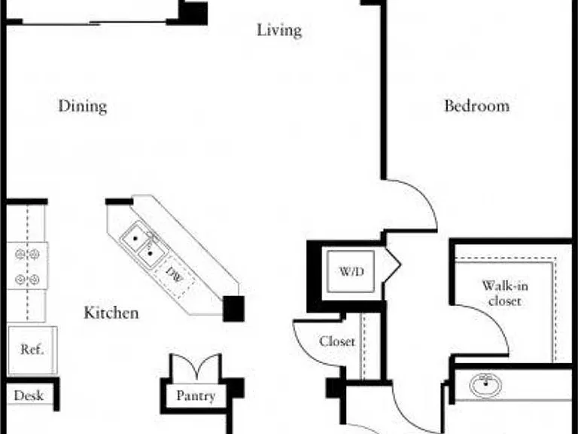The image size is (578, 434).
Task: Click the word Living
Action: click(279, 30)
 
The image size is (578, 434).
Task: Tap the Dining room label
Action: click(83, 106)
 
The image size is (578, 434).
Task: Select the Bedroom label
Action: click(476, 106)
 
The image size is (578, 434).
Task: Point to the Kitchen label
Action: click(111, 313)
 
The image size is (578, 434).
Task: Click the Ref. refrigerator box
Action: click(32, 350)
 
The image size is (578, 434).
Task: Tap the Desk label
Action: click(29, 396)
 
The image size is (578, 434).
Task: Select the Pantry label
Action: click(196, 396)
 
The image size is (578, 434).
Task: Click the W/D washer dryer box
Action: click(351, 271)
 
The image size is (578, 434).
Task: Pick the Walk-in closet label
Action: click(505, 293)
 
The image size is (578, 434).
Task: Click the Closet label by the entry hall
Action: click(337, 341)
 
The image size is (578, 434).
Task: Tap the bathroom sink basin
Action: click(485, 385)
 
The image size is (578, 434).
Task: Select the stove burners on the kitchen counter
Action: click(27, 266)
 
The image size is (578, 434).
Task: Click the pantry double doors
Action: click(196, 366)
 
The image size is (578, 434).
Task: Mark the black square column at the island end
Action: click(234, 308)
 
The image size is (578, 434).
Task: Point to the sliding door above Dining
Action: click(94, 23)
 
